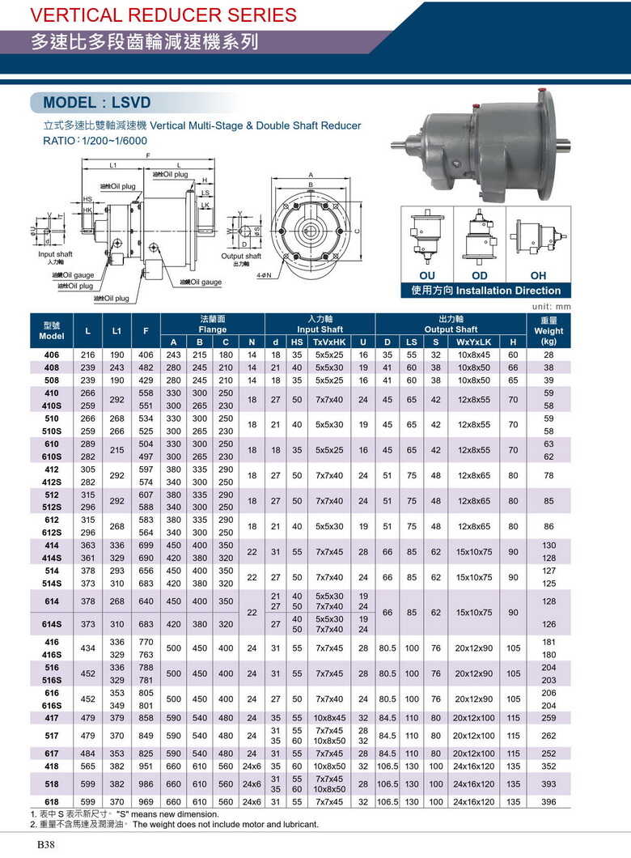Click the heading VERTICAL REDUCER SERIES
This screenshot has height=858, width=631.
coord(151,15)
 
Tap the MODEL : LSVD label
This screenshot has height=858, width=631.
coord(97,103)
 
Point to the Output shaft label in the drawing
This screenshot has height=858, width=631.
coord(240,257)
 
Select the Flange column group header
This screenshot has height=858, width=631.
coord(212,325)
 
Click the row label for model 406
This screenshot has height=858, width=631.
coord(51,355)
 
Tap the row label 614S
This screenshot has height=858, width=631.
coord(51,624)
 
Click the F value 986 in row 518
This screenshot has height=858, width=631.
coord(146,784)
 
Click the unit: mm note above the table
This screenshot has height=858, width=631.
coord(552,307)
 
